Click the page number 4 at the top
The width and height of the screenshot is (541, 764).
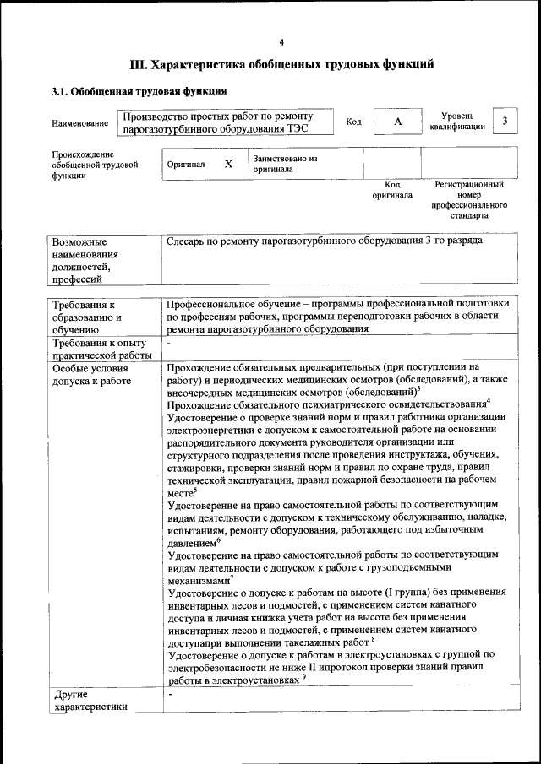[x=281, y=42]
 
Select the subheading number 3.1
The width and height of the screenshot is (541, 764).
[x=61, y=91]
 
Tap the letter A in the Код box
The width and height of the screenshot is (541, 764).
[x=397, y=122]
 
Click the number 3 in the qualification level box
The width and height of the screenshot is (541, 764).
[x=505, y=122]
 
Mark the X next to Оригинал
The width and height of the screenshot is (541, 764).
[x=228, y=164]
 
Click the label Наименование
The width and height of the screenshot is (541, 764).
[x=79, y=124]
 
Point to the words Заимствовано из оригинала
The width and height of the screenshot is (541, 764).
[x=284, y=164]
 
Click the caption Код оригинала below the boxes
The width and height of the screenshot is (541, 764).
[x=392, y=190]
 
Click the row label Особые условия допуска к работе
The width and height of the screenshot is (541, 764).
[x=91, y=375]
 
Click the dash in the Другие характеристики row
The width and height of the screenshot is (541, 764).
[x=170, y=695]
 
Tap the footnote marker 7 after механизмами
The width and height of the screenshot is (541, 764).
[x=232, y=577]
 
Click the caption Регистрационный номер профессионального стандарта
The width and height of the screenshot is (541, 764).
[x=468, y=200]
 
